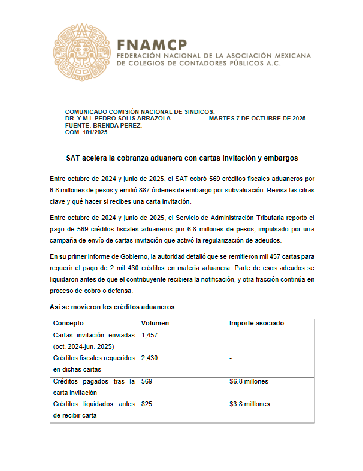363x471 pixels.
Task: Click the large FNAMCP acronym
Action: (x=152, y=44)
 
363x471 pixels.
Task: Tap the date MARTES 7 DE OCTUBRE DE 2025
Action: (x=258, y=119)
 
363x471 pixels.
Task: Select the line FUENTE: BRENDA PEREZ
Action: (x=103, y=126)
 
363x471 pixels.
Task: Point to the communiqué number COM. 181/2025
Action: (x=87, y=132)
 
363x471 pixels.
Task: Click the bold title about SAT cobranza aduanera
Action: (x=181, y=158)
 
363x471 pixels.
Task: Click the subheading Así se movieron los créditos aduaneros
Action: (x=111, y=307)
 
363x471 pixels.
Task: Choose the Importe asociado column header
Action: (x=256, y=324)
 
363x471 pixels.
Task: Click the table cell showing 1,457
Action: (x=149, y=336)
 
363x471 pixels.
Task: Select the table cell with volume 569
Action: (x=146, y=381)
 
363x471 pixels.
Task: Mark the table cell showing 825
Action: (x=146, y=404)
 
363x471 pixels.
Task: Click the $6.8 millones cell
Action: (x=249, y=381)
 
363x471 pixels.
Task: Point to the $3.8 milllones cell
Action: (x=250, y=404)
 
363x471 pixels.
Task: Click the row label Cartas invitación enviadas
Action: (x=94, y=336)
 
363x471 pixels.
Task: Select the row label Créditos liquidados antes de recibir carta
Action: (x=94, y=410)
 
